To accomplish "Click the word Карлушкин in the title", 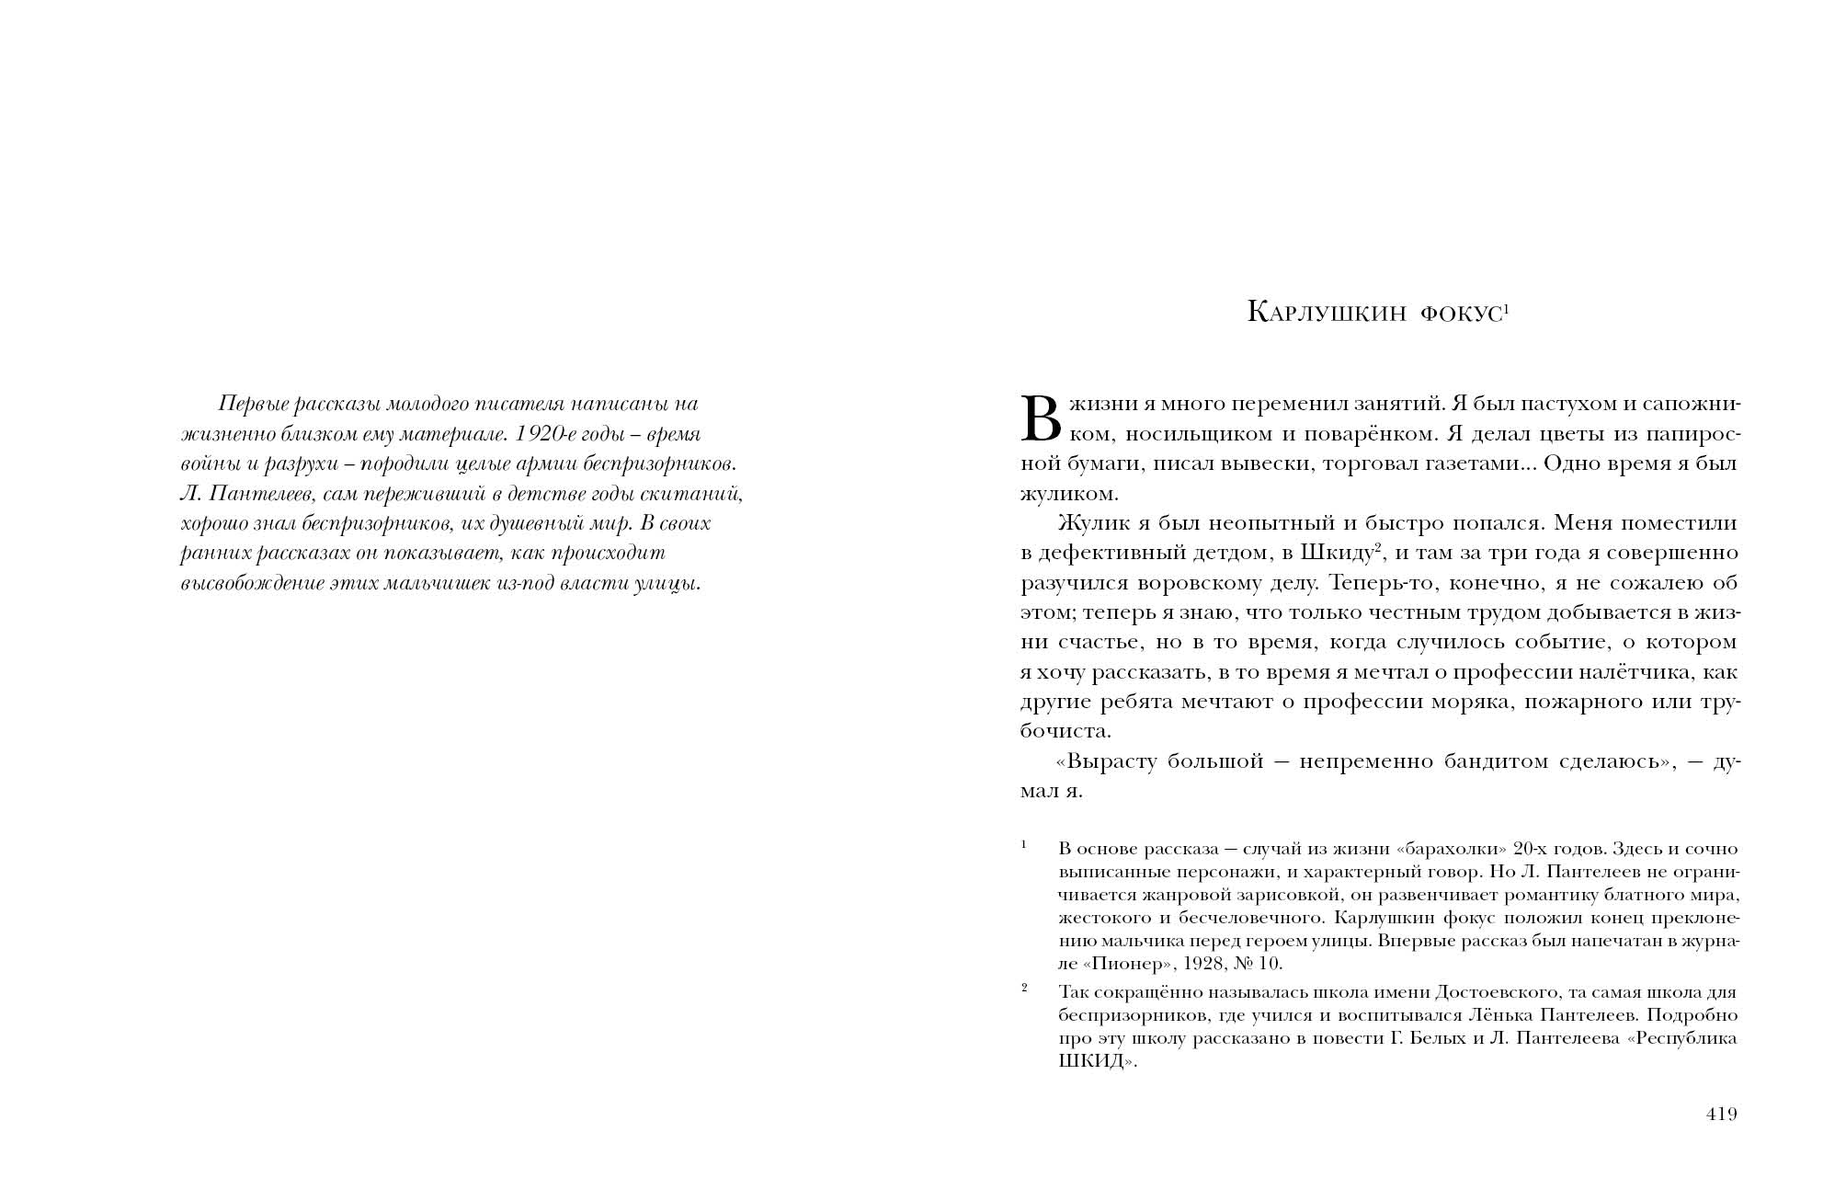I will point(1327,313).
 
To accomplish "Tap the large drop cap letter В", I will point(1042,418).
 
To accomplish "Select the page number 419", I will point(1721,1115).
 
